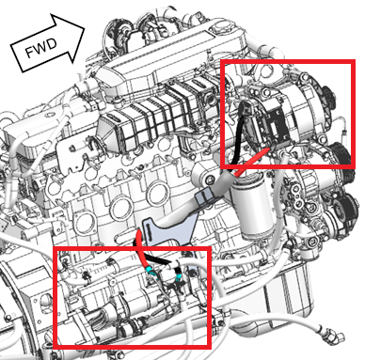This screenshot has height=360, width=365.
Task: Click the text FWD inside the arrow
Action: [x=41, y=49]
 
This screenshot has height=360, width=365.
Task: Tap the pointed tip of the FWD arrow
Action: [x=85, y=30]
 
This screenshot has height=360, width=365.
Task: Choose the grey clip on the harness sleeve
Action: [x=204, y=197]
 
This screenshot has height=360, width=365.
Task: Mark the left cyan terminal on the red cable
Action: [x=152, y=273]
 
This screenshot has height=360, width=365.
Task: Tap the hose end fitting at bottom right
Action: [x=333, y=336]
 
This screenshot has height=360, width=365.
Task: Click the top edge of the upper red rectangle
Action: [x=288, y=61]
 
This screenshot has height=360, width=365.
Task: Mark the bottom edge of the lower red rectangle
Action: [x=132, y=347]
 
